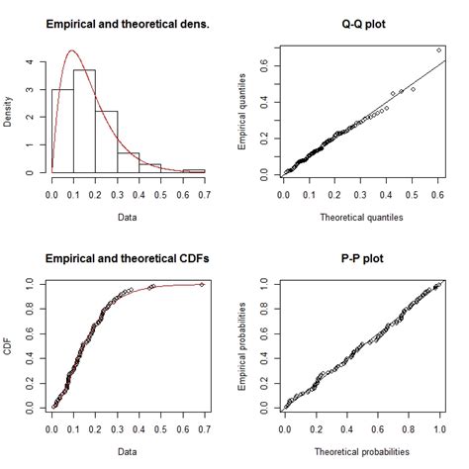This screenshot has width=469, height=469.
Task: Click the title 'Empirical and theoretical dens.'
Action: pos(128,24)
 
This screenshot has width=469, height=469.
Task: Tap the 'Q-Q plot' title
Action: pos(363,24)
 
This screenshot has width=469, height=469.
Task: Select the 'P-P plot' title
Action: pos(362,258)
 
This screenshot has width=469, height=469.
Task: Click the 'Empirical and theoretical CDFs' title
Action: pos(128,258)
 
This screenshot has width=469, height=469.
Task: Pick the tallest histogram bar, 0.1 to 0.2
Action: pos(84,121)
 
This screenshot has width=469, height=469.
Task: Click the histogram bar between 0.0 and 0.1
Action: pos(62,131)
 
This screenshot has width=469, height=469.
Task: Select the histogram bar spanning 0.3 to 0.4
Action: pos(129,162)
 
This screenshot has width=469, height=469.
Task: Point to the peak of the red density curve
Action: pos(71,50)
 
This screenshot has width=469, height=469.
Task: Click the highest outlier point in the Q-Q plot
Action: pos(439,50)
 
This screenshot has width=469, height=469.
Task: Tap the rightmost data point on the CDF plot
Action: pos(202,284)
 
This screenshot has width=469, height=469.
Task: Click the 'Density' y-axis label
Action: pos(7,112)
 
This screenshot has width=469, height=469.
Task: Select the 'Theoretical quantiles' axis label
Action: pos(361,218)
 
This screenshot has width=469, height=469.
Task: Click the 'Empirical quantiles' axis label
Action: pos(241,112)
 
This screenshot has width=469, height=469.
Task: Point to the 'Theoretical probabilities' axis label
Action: pos(362,451)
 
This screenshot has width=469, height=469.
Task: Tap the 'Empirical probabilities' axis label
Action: pos(241,346)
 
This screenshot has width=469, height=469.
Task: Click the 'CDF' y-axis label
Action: pos(7,346)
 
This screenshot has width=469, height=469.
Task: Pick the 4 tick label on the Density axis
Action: pos(30,62)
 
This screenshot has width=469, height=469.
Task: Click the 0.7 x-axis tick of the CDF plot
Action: pos(205,429)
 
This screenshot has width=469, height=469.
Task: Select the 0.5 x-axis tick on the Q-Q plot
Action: pos(412,195)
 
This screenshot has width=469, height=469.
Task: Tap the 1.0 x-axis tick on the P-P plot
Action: pos(439,429)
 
